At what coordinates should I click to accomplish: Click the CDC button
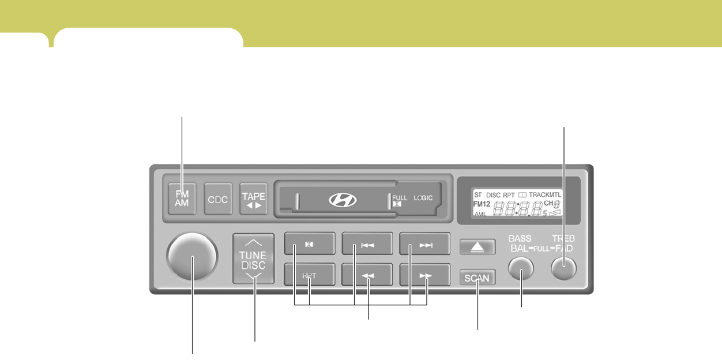[x=218, y=199]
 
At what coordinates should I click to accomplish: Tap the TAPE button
[x=254, y=199]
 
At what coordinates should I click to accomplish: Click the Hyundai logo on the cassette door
[x=343, y=200]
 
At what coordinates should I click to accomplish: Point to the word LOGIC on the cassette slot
[x=423, y=198]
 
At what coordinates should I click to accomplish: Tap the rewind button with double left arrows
[x=367, y=276]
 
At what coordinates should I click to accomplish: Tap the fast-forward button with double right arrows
[x=425, y=276]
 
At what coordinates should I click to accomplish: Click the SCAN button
[x=477, y=278]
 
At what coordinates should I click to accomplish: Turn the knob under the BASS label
[x=521, y=268]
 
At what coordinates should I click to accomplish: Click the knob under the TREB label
[x=563, y=268]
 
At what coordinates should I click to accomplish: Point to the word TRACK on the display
[x=539, y=195]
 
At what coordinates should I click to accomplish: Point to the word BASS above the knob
[x=520, y=238]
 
